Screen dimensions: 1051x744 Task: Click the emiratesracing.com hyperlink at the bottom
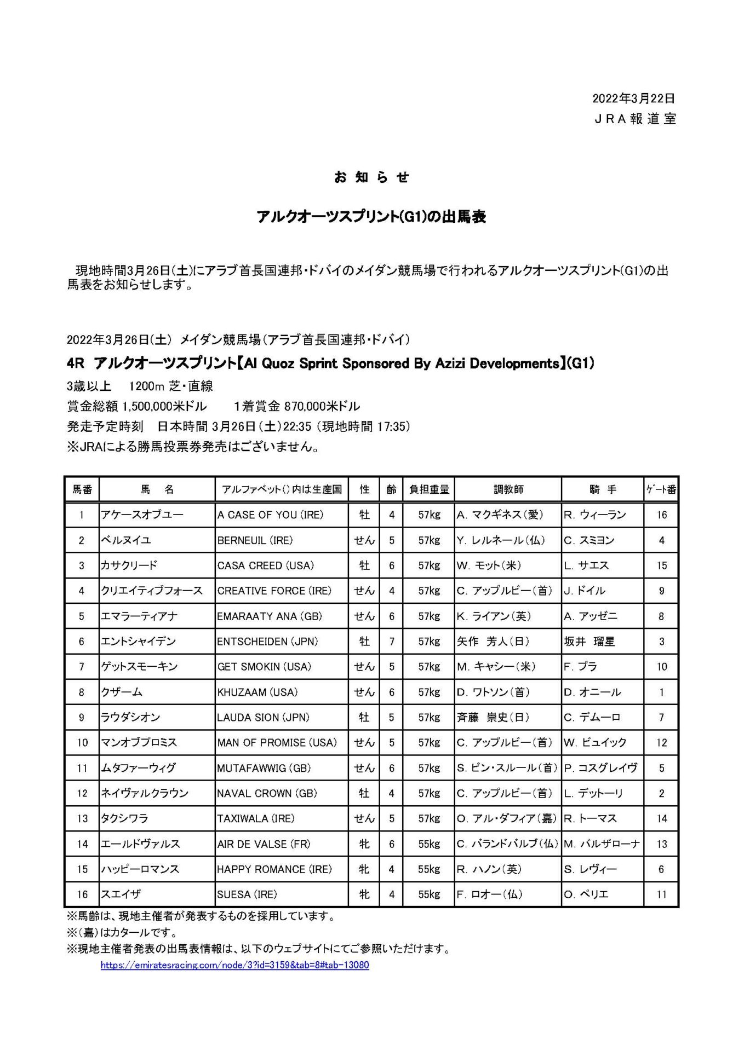[x=234, y=965]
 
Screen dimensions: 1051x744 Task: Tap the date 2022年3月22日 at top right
[x=633, y=99]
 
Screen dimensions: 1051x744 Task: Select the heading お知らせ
[x=371, y=177]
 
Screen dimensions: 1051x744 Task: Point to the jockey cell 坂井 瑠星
[x=590, y=641]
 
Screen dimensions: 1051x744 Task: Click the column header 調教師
[x=508, y=489]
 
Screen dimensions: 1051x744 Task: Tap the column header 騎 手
[x=603, y=489]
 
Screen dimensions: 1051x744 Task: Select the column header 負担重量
[x=428, y=489]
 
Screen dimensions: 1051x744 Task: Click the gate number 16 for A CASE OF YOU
[x=661, y=515]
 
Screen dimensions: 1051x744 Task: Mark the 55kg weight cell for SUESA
[x=428, y=894]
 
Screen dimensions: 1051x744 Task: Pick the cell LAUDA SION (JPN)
[x=264, y=717]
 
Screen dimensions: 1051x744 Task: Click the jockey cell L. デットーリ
[x=594, y=793]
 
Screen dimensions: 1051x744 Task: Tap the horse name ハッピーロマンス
[x=140, y=869]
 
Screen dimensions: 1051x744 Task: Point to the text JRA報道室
[x=636, y=119]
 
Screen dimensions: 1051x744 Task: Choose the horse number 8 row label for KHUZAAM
[x=82, y=692]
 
